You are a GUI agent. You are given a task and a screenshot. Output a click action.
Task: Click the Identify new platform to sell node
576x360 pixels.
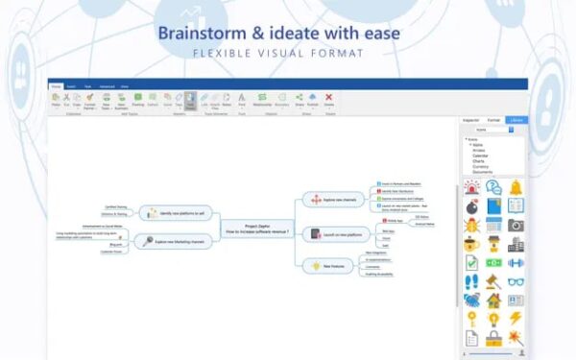pos(177,212)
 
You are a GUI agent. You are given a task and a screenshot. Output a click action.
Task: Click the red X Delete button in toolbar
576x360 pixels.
pos(328,97)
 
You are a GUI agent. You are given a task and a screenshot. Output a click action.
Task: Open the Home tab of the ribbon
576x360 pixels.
pos(56,85)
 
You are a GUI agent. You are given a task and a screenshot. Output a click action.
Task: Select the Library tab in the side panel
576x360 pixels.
pos(516,120)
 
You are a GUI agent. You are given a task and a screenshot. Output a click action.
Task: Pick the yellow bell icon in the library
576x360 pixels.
pos(516,187)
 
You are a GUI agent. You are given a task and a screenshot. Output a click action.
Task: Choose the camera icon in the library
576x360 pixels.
pos(516,225)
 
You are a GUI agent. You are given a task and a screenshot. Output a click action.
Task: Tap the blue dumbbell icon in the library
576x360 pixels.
pos(516,262)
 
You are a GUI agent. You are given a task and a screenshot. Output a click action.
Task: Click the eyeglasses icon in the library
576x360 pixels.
pos(516,281)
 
